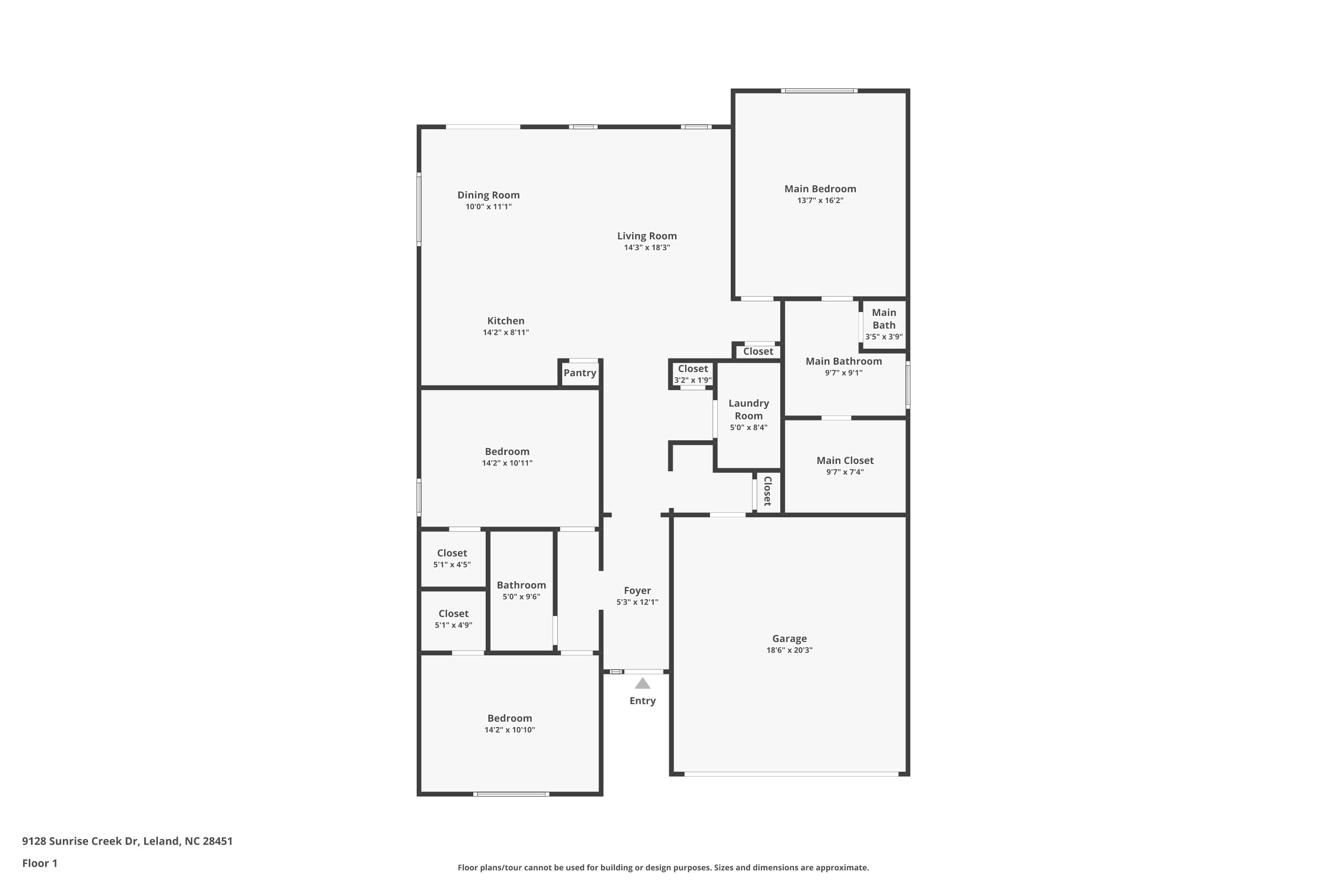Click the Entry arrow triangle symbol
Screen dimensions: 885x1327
click(x=642, y=684)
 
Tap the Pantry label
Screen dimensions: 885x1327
click(x=579, y=373)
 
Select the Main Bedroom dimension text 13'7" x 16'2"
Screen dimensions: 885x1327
click(x=820, y=200)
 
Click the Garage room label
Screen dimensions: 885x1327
click(x=789, y=639)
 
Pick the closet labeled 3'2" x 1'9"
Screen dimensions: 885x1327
click(x=692, y=373)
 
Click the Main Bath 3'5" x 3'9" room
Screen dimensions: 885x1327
click(x=883, y=324)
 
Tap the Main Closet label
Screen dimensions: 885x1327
click(x=844, y=460)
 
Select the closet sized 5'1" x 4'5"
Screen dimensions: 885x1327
click(x=452, y=558)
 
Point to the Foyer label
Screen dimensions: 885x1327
click(x=637, y=590)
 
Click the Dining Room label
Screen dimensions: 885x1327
click(x=488, y=195)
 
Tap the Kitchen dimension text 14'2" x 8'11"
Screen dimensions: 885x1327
click(x=506, y=332)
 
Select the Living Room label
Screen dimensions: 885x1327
click(x=647, y=236)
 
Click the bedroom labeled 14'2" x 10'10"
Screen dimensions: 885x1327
click(x=510, y=723)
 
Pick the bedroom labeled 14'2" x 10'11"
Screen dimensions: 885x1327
click(x=506, y=456)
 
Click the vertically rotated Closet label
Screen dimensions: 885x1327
click(x=767, y=491)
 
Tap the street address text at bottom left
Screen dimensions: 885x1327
click(x=127, y=841)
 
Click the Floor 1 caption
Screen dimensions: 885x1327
click(x=39, y=863)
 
